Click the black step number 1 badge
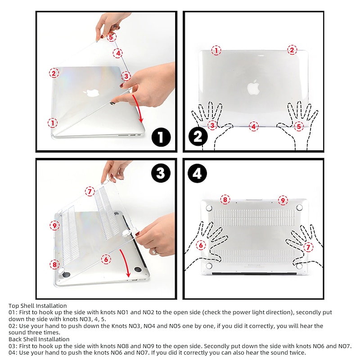click(x=161, y=137)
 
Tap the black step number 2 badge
click(x=198, y=137)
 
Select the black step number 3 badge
click(x=161, y=173)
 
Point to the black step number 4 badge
click(x=197, y=173)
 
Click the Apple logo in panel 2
click(x=253, y=87)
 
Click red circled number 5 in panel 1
click(x=111, y=37)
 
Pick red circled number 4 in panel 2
click(x=253, y=126)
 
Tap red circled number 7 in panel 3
click(x=90, y=192)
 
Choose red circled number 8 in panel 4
click(x=225, y=199)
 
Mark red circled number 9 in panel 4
click(x=283, y=200)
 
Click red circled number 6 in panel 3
click(x=106, y=260)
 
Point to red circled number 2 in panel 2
click(x=292, y=50)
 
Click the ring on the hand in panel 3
click(x=154, y=251)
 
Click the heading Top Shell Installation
click(x=38, y=306)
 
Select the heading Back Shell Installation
click(x=39, y=339)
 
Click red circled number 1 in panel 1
click(x=53, y=123)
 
